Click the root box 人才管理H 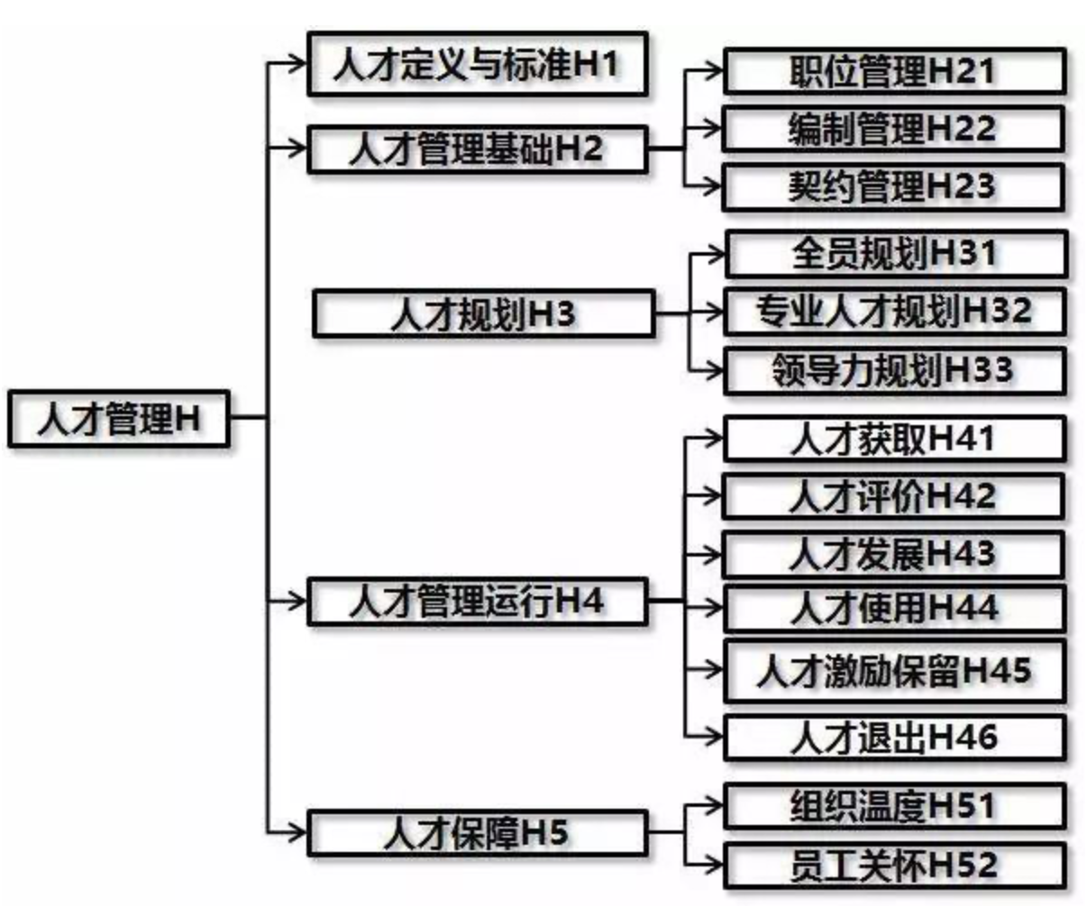coord(119,419)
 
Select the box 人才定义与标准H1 coord(477,64)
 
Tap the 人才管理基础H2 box coord(477,149)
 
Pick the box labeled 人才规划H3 coord(483,314)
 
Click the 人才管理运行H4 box coord(477,602)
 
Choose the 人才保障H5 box coord(477,832)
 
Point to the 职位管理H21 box coord(893,71)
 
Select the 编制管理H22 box coord(893,129)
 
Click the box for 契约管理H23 coord(893,186)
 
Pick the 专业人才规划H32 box coord(893,312)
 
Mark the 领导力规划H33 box coord(893,370)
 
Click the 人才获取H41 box coord(893,439)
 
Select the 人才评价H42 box coord(893,496)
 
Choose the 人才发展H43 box coord(893,554)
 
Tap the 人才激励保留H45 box coord(895,671)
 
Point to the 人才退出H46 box coord(895,738)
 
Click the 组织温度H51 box coord(895,805)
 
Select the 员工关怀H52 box coord(895,865)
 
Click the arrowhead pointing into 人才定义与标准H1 coord(298,63)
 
